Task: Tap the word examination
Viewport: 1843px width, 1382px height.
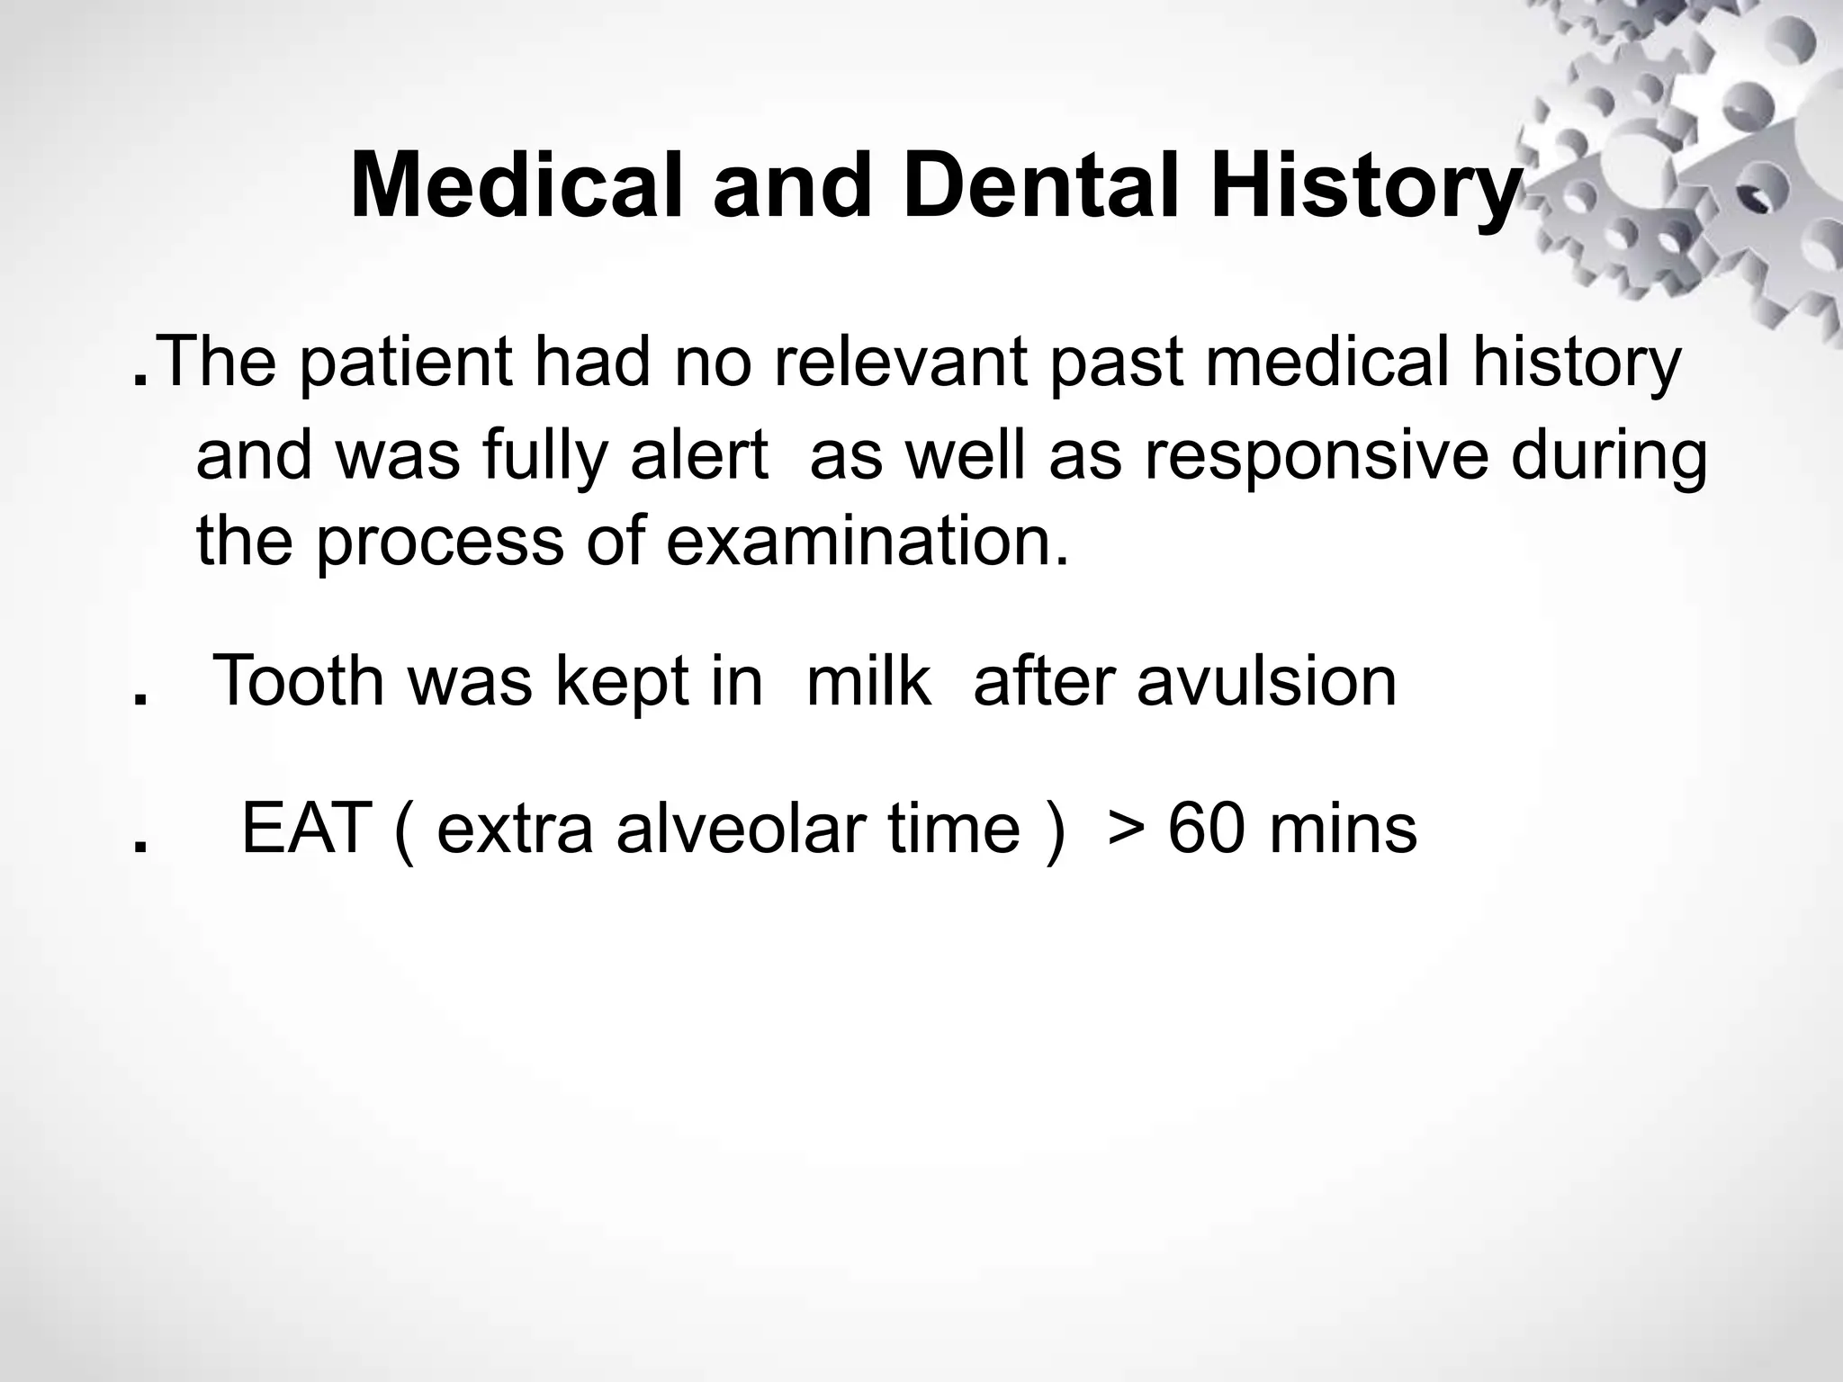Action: click(867, 543)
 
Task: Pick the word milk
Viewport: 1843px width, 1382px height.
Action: click(868, 681)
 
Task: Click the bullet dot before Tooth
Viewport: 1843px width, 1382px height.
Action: click(139, 701)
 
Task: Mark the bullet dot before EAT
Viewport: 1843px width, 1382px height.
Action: click(139, 848)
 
